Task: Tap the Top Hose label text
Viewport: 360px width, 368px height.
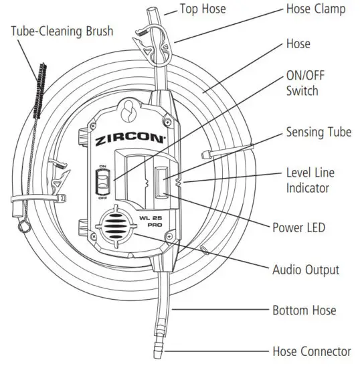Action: pos(204,9)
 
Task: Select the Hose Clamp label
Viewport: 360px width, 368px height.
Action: pos(316,9)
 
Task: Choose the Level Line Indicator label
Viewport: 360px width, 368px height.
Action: pos(310,180)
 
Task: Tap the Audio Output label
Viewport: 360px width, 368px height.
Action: pos(305,270)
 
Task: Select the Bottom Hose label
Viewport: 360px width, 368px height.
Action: pos(304,310)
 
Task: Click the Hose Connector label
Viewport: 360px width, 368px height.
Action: pos(311,351)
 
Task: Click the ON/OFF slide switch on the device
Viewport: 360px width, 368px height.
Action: pos(102,181)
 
